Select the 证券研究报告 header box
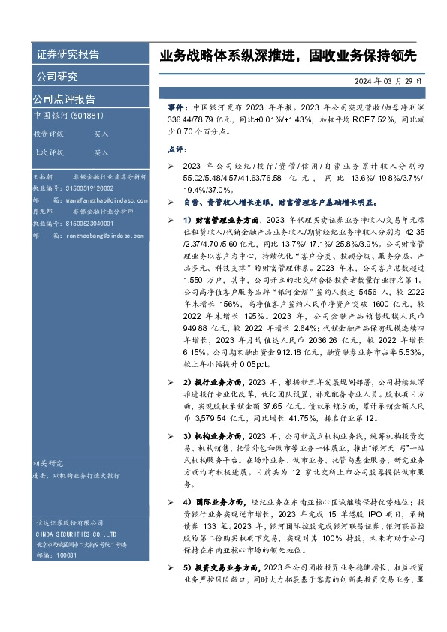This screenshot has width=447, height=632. pyautogui.click(x=68, y=55)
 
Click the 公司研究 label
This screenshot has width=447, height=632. pyautogui.click(x=56, y=77)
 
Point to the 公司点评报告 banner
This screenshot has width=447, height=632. pyautogui.click(x=63, y=98)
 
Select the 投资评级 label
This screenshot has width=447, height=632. pyautogui.click(x=49, y=134)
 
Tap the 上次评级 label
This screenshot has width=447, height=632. pyautogui.click(x=49, y=152)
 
